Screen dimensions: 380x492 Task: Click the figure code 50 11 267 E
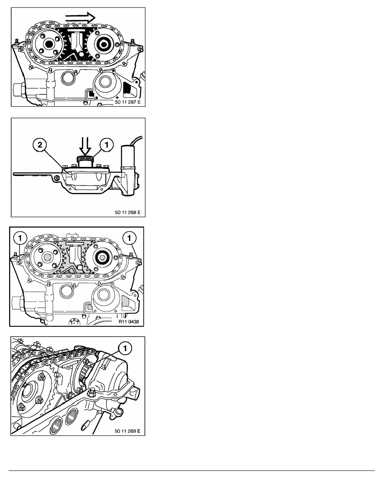(127, 102)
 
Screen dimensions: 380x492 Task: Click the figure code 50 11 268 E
(127, 212)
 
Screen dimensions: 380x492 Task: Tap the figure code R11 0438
(129, 322)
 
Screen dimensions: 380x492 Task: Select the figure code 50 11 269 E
(127, 431)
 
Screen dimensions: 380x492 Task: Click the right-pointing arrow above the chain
(81, 18)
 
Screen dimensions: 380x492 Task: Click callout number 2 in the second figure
(40, 145)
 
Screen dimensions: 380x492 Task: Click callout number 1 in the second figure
(106, 145)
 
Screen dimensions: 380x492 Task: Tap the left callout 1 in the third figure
(20, 238)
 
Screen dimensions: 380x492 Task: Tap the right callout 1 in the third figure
(129, 238)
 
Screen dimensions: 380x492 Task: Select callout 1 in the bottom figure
(125, 348)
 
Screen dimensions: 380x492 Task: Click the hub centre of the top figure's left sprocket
(48, 44)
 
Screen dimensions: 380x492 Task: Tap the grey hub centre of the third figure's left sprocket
(48, 258)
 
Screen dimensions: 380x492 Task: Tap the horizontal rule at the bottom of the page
(192, 470)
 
